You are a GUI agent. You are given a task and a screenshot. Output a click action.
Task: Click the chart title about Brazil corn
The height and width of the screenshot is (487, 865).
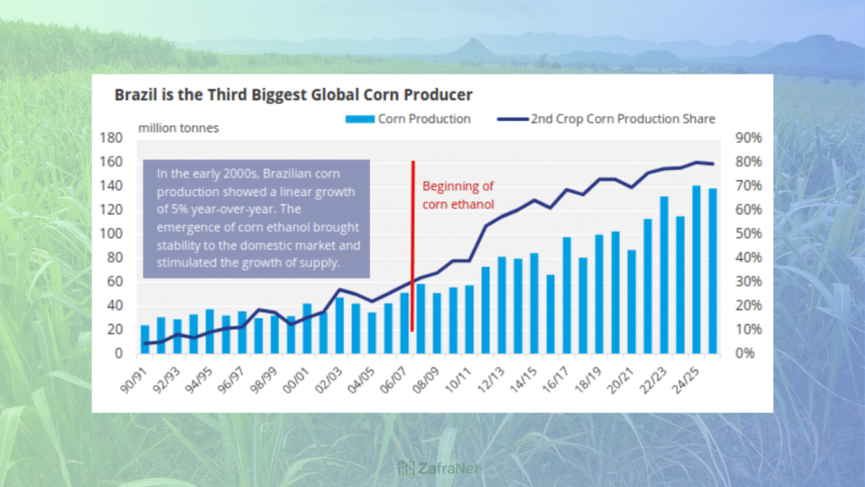pyautogui.click(x=293, y=95)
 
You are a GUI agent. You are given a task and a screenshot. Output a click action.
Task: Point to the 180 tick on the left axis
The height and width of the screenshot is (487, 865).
pyautogui.click(x=111, y=138)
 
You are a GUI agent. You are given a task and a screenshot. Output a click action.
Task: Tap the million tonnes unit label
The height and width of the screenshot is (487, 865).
pyautogui.click(x=177, y=129)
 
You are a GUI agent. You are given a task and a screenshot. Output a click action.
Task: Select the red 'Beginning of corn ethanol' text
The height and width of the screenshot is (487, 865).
pyautogui.click(x=458, y=194)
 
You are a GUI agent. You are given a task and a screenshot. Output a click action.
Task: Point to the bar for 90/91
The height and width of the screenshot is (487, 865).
pyautogui.click(x=145, y=339)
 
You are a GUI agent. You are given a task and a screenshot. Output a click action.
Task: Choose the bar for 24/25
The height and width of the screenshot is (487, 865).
pyautogui.click(x=697, y=270)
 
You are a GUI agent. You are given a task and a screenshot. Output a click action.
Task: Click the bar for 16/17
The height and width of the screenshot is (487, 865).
pyautogui.click(x=567, y=295)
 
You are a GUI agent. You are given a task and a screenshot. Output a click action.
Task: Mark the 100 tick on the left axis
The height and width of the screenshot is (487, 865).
pyautogui.click(x=111, y=233)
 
